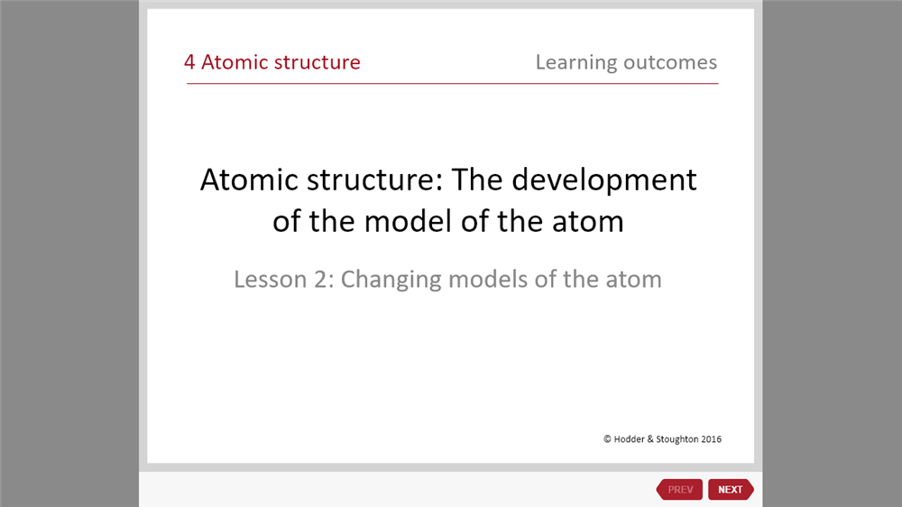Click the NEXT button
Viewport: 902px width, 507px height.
731,489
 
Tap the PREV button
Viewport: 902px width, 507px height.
679,489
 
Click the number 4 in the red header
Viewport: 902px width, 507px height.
189,62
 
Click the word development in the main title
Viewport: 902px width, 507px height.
604,181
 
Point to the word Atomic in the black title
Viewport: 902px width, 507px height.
249,180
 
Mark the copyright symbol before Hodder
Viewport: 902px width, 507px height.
607,439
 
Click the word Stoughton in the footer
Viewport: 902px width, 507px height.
677,439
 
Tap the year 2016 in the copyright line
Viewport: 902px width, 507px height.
711,439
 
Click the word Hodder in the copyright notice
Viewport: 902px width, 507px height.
630,439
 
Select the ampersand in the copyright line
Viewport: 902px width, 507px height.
650,439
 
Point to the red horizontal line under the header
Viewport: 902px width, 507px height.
452,83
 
